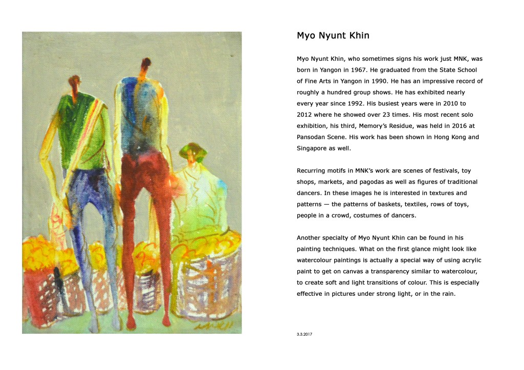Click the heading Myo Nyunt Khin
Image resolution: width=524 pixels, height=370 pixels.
click(x=333, y=36)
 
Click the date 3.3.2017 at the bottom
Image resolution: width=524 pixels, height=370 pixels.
click(x=304, y=334)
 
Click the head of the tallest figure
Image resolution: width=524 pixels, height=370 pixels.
click(x=146, y=64)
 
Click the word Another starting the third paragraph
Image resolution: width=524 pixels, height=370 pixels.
click(x=311, y=237)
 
